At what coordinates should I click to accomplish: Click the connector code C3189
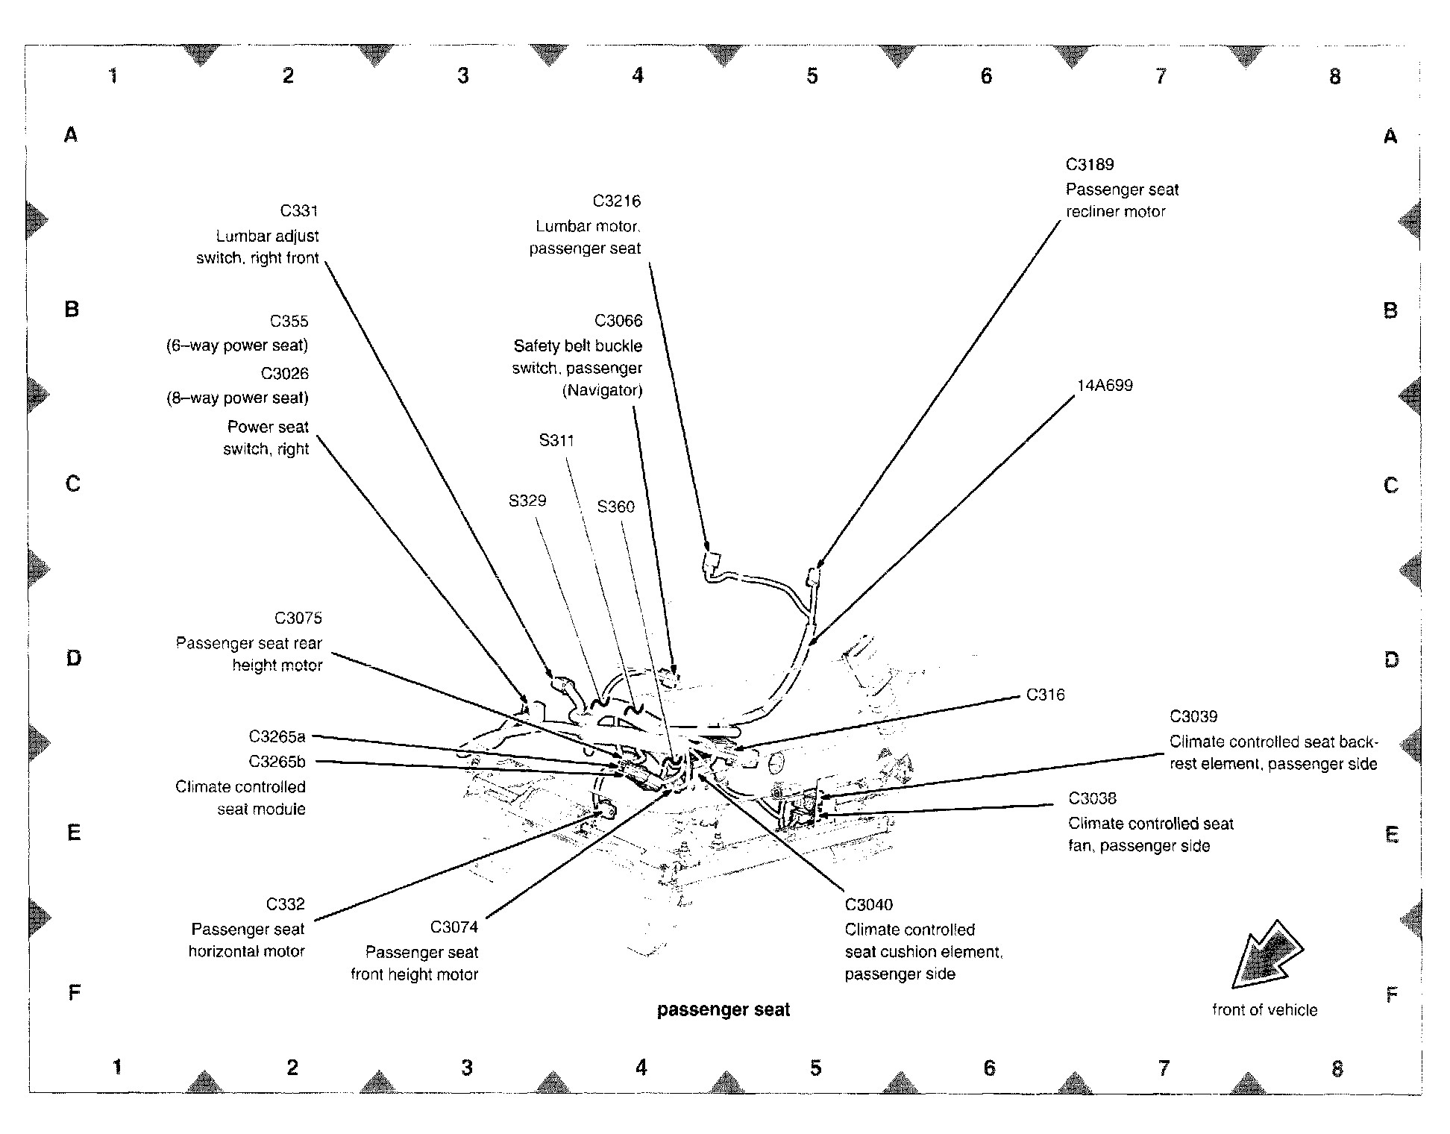(1089, 165)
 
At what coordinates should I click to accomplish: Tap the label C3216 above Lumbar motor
(616, 201)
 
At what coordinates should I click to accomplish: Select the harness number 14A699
(1104, 386)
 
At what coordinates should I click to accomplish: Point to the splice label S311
(556, 441)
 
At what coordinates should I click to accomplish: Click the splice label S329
(527, 501)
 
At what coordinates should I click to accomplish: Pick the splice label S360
(615, 507)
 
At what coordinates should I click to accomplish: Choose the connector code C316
(1045, 695)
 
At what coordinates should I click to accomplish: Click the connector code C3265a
(277, 737)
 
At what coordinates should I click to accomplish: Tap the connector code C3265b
(277, 762)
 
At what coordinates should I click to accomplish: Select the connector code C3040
(868, 905)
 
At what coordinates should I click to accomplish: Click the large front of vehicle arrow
(1266, 954)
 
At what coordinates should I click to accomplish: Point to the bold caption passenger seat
(723, 1010)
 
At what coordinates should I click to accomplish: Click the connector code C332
(285, 905)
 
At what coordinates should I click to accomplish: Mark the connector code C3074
(453, 927)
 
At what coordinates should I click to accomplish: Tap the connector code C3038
(1092, 799)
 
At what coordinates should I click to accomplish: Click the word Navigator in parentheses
(602, 390)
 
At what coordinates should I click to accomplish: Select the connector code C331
(299, 211)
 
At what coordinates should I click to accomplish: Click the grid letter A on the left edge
(71, 135)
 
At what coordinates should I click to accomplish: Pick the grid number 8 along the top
(1334, 76)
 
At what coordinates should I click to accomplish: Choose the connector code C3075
(298, 618)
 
